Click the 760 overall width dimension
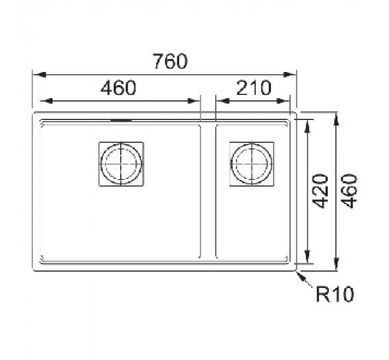(x=170, y=61)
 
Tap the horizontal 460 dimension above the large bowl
(x=118, y=87)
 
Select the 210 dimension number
(x=254, y=87)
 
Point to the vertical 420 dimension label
(x=320, y=191)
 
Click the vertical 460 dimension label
(x=349, y=191)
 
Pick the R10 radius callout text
(x=335, y=294)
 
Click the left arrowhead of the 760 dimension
(x=39, y=75)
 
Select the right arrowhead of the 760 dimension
(x=290, y=75)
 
